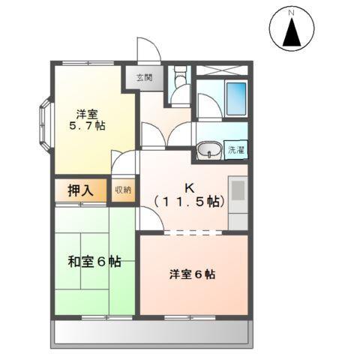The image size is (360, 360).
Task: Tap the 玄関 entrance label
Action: (x=145, y=76)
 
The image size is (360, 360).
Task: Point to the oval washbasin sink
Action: (x=208, y=151)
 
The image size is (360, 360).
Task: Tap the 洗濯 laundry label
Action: (x=236, y=150)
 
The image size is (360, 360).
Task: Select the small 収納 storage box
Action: (x=122, y=190)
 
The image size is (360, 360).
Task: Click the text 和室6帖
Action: (x=95, y=263)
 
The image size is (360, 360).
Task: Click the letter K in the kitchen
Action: (x=190, y=187)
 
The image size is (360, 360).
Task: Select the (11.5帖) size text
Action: (x=190, y=201)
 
